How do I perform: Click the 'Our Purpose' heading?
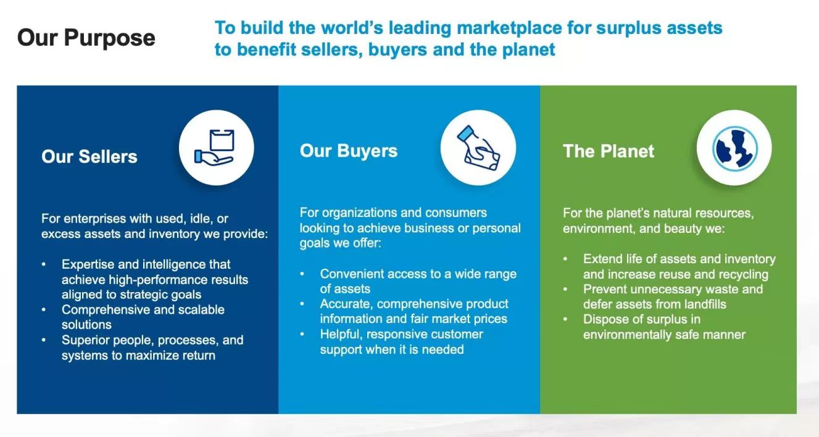pos(86,38)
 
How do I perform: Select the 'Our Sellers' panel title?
pos(89,157)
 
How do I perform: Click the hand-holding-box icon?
pos(215,147)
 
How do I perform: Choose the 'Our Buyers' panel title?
pos(349,151)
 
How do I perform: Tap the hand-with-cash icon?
pos(478,148)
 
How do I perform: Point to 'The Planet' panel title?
pos(609,151)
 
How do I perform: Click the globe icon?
pos(734,149)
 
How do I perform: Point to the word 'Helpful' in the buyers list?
pos(341,335)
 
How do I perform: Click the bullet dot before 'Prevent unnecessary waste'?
pos(565,289)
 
